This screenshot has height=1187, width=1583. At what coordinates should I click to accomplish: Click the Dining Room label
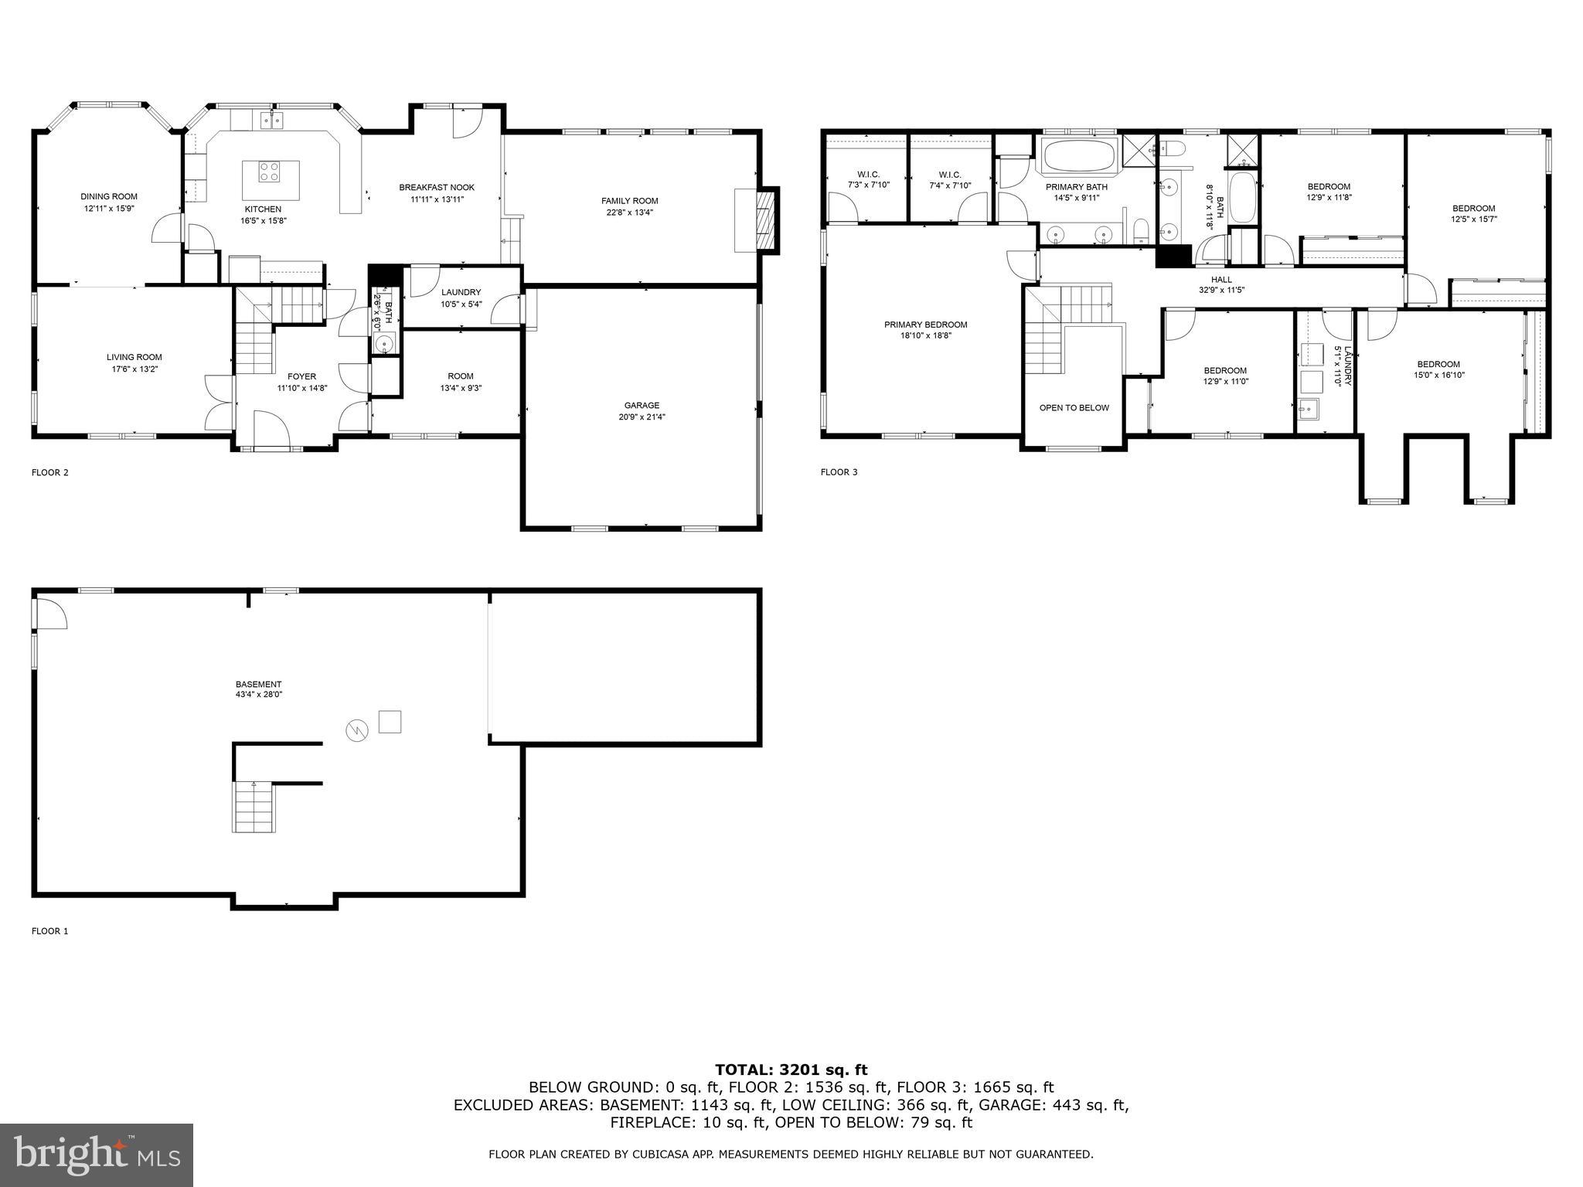pos(109,197)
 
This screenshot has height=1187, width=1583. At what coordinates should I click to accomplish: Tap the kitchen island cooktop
pos(271,171)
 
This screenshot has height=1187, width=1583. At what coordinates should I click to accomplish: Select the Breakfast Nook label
pos(437,188)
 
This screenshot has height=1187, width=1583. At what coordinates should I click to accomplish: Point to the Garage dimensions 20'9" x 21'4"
pos(642,417)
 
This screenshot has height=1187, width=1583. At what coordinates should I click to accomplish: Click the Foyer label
pos(301,377)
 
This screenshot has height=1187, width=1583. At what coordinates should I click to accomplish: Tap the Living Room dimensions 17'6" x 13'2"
pos(134,369)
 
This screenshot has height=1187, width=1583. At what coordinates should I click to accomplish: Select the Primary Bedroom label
pos(925,325)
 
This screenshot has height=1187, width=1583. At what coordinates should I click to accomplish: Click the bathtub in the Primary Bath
pos(1078,157)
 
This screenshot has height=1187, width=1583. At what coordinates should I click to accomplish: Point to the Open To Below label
pos(1074,408)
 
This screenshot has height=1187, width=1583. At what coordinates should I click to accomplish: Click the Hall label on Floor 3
pos(1221,280)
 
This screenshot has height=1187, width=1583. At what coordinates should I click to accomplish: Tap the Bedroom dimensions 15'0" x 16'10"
pos(1438,376)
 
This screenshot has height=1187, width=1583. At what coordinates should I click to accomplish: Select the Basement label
pos(258,684)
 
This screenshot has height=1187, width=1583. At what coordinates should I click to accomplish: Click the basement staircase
pos(254,807)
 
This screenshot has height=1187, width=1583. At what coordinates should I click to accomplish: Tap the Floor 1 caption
pos(49,931)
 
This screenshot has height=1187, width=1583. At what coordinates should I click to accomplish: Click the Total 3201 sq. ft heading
pos(791,1070)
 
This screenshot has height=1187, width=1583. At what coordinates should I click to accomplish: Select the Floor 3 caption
pos(839,472)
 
